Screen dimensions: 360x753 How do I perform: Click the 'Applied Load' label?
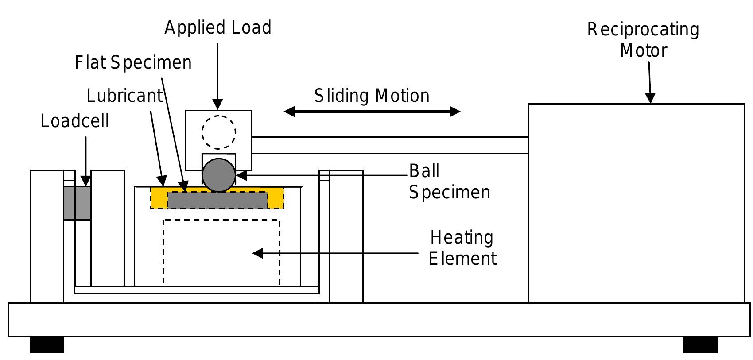[217, 28]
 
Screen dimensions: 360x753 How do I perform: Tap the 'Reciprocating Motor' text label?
[643, 40]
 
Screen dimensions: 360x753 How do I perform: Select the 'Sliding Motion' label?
[372, 96]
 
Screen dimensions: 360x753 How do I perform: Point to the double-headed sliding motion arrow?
[372, 112]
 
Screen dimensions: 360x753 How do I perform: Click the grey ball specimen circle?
[218, 175]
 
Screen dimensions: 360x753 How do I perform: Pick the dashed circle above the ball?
[218, 132]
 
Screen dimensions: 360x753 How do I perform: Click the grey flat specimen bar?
[217, 200]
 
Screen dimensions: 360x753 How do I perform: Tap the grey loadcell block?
[78, 203]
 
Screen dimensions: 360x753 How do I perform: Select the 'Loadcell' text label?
[75, 121]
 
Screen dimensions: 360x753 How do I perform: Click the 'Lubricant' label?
[125, 96]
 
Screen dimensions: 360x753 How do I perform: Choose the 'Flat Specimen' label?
[133, 63]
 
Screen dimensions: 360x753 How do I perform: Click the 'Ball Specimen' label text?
[449, 182]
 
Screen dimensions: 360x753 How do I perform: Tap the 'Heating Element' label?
[462, 248]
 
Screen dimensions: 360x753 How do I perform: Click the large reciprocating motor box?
[636, 204]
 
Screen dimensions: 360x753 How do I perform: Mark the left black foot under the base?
[47, 345]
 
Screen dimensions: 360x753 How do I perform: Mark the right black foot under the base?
[700, 345]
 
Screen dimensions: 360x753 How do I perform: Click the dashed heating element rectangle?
[221, 252]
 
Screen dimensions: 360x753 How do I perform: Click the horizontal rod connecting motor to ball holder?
[390, 145]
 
